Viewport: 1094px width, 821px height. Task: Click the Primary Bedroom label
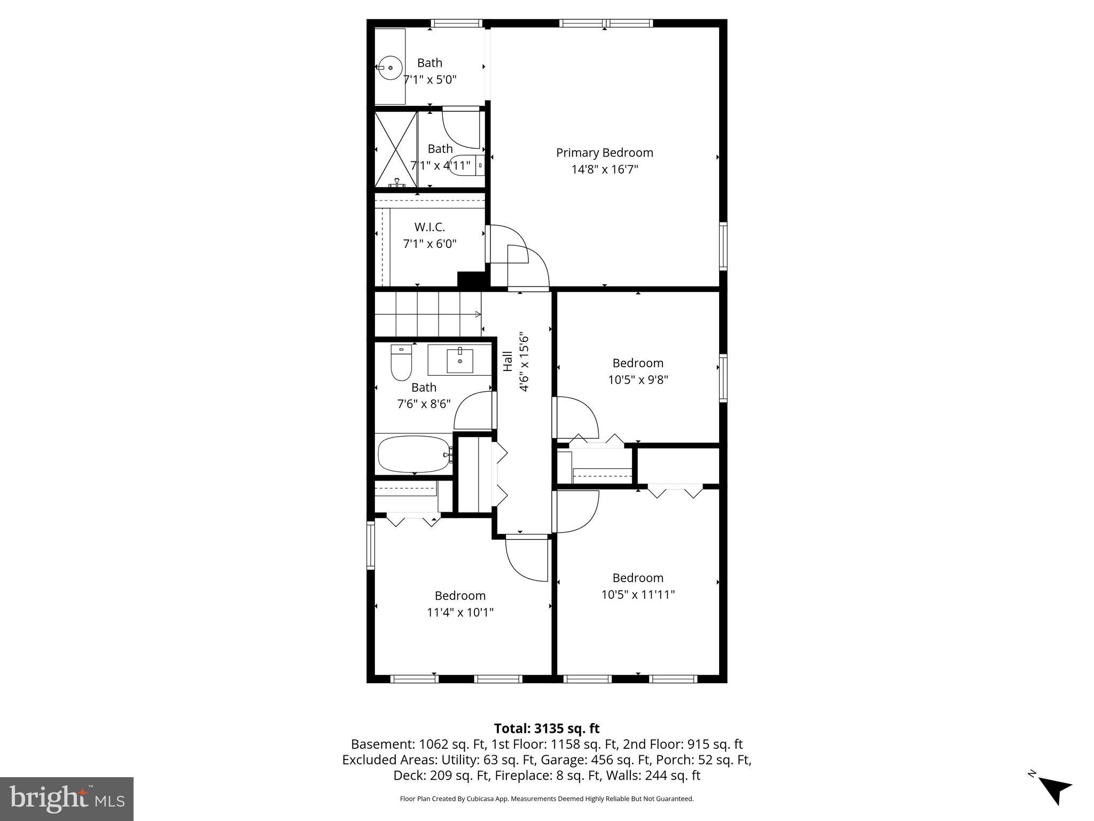coord(604,153)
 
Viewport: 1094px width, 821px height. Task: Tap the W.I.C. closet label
coord(429,227)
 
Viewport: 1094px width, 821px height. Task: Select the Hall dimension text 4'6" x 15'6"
coord(524,363)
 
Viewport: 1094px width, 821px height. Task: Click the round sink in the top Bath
coord(390,68)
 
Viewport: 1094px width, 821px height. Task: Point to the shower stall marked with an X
coord(396,150)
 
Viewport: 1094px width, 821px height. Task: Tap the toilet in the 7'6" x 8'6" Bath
coord(401,363)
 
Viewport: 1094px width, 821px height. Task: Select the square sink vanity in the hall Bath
coord(459,360)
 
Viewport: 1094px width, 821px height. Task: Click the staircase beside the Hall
coord(427,314)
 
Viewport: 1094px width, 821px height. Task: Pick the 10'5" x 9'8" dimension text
coord(638,380)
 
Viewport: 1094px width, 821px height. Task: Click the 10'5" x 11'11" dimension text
coord(638,595)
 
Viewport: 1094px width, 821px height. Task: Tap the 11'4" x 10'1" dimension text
coord(460,613)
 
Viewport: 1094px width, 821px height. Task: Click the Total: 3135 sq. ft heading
coord(546,729)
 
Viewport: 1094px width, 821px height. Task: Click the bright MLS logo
coord(67,799)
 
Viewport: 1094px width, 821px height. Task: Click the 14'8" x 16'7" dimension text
coord(604,170)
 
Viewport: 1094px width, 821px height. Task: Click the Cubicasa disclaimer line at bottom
coord(546,799)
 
